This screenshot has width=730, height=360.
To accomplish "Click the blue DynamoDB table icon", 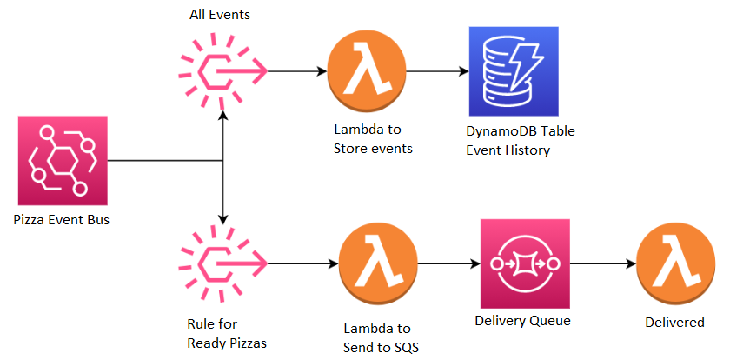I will coord(513,71).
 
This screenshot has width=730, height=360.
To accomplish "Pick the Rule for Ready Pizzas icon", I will coord(222,262).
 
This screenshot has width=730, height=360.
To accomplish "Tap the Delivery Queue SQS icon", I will coord(524,263).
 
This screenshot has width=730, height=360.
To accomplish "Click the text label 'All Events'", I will coord(220,17).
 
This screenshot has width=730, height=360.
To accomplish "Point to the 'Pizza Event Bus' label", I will coord(62,218).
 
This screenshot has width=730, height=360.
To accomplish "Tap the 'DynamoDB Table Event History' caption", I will coord(521,141).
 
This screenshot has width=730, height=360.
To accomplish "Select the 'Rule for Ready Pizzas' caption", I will coord(226,334).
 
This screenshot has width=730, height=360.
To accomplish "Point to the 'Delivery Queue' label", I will coord(522,320).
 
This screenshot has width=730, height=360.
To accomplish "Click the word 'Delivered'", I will coord(674,323).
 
